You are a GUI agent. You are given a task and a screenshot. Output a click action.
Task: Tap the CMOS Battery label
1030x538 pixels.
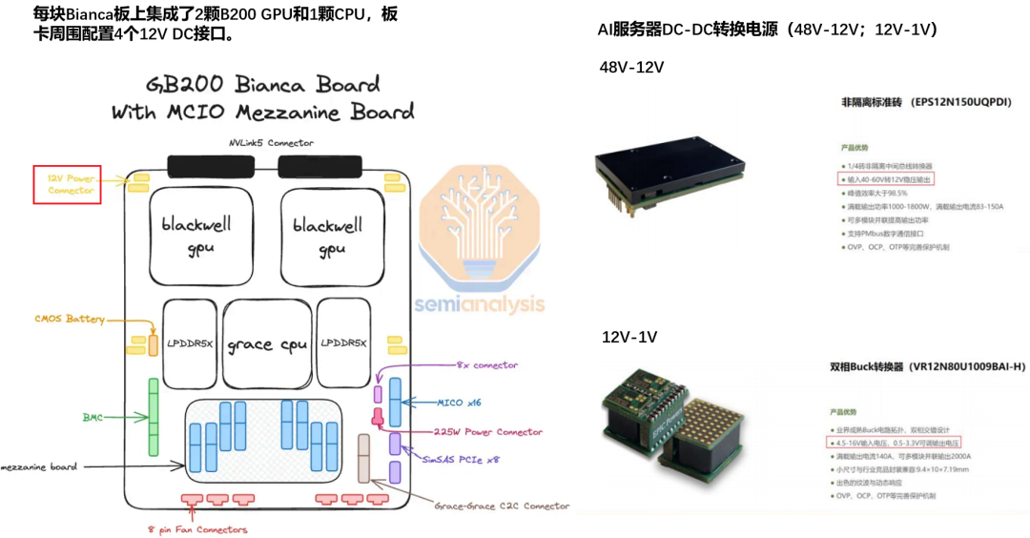70,319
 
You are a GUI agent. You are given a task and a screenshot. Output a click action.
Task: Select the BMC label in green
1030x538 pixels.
93,416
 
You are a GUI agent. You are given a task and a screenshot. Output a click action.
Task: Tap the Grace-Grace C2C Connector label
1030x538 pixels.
502,506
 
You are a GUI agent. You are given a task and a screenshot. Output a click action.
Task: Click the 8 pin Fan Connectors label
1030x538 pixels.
197,529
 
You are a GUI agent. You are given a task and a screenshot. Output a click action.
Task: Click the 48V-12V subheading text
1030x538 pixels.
631,67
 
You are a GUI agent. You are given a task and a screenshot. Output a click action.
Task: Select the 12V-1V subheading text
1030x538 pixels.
629,337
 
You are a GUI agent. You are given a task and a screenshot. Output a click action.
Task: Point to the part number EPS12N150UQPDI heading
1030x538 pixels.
925,101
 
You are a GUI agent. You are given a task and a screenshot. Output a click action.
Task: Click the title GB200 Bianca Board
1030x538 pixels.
263,84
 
